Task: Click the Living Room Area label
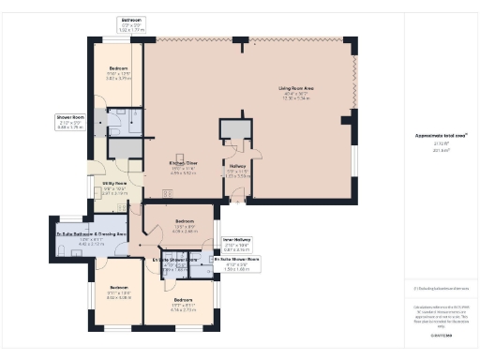(295, 89)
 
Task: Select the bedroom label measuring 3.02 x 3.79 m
(118, 69)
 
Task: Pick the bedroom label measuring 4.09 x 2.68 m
(184, 222)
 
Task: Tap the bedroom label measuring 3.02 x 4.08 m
(118, 287)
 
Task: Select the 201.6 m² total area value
(440, 149)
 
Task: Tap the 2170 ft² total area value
(440, 142)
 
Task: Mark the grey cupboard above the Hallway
(234, 131)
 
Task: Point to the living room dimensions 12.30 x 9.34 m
(295, 98)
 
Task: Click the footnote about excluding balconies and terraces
(440, 288)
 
